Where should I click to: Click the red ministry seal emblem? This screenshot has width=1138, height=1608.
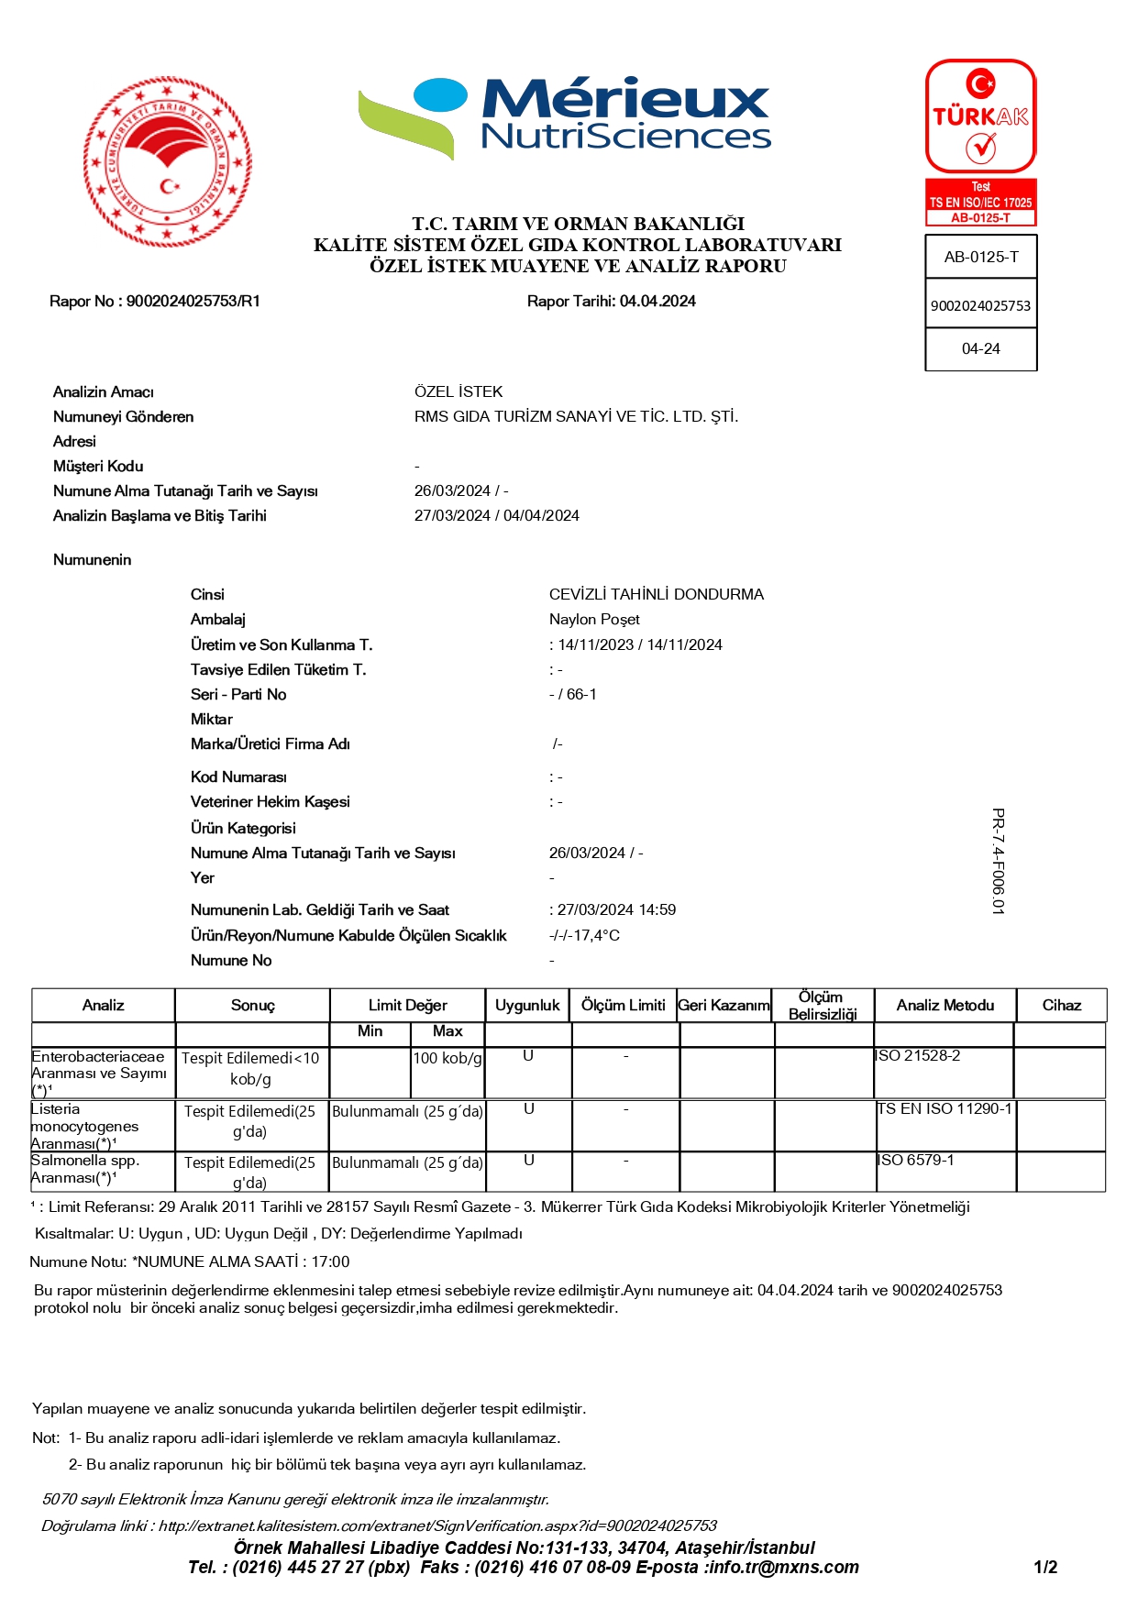[168, 161]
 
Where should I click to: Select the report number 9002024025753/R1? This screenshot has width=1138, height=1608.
[193, 302]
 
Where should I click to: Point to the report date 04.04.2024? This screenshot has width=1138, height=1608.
[657, 302]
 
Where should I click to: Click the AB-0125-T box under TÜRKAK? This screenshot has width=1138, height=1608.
[981, 258]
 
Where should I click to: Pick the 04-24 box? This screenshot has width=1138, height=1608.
[981, 349]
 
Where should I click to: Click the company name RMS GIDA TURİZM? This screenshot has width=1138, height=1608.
[576, 417]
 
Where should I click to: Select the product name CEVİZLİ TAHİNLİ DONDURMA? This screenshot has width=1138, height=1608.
[657, 595]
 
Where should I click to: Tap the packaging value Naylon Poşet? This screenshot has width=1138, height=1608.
[594, 620]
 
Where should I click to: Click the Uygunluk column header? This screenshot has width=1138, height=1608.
[527, 1006]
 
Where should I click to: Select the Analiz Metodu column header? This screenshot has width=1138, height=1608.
[945, 1006]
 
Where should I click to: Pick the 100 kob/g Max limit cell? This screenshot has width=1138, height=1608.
[447, 1059]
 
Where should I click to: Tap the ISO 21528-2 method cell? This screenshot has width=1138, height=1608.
[919, 1056]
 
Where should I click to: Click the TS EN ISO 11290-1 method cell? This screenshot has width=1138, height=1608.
[945, 1109]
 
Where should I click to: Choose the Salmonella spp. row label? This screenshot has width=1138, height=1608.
[86, 1169]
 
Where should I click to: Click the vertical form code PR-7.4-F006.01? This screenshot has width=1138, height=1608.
[999, 861]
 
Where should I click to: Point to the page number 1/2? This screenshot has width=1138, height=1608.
[1045, 1568]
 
